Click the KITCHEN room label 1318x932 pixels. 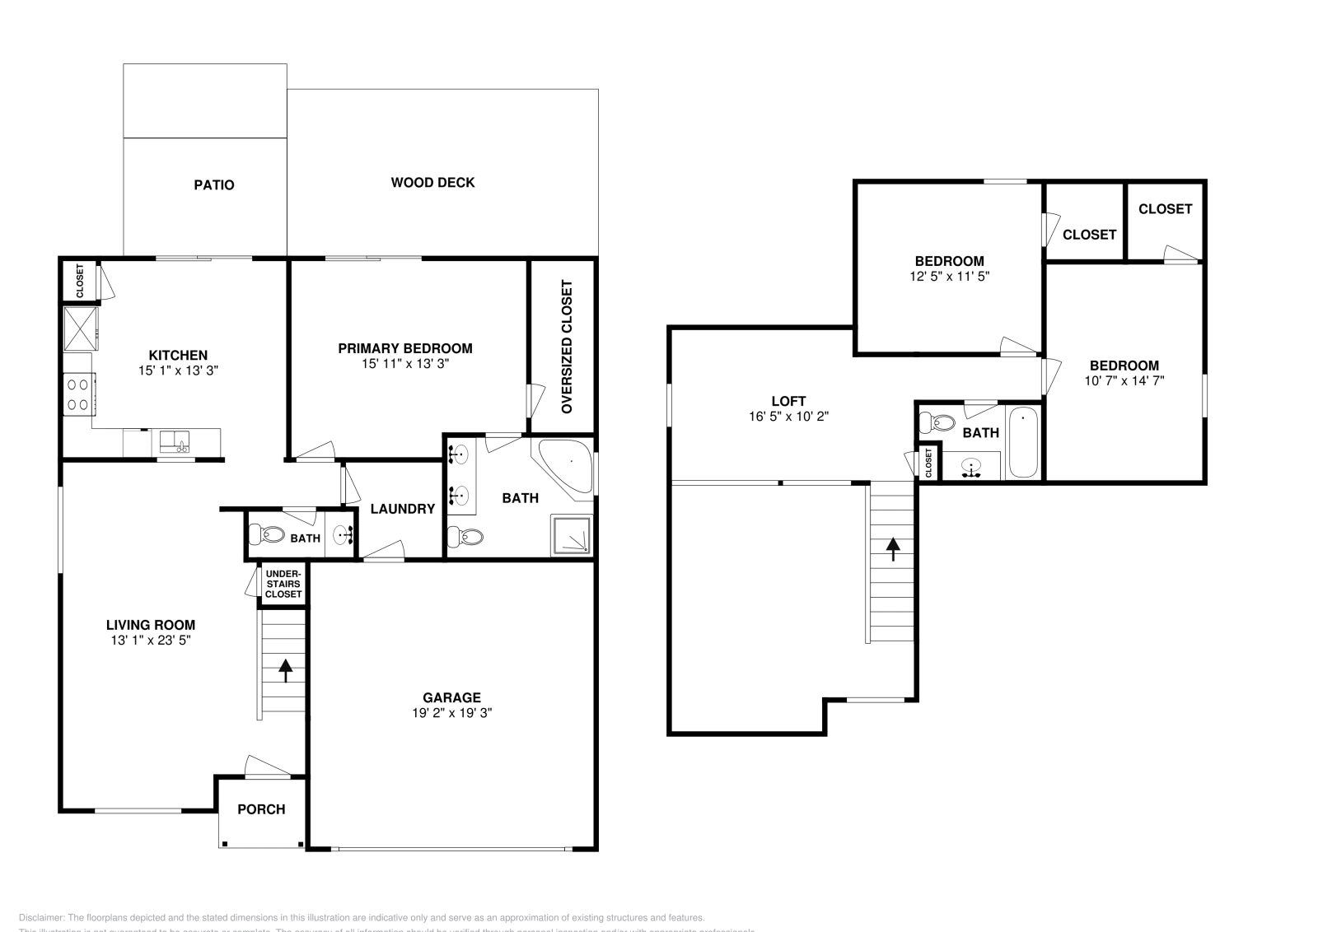[178, 356]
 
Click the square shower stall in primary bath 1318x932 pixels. [572, 536]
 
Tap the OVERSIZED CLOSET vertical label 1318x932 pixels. [566, 347]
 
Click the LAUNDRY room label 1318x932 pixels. [402, 509]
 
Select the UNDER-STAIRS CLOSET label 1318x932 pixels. [283, 584]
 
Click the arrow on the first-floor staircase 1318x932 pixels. [285, 670]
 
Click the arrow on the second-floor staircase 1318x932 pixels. [893, 548]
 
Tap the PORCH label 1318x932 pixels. [261, 809]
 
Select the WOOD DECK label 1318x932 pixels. [432, 183]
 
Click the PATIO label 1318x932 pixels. [214, 185]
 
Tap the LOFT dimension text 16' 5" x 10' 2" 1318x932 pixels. [788, 417]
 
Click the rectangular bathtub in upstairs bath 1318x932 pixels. [1023, 442]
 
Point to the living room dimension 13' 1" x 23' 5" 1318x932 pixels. [151, 640]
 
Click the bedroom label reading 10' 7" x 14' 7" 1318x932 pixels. [1124, 380]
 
